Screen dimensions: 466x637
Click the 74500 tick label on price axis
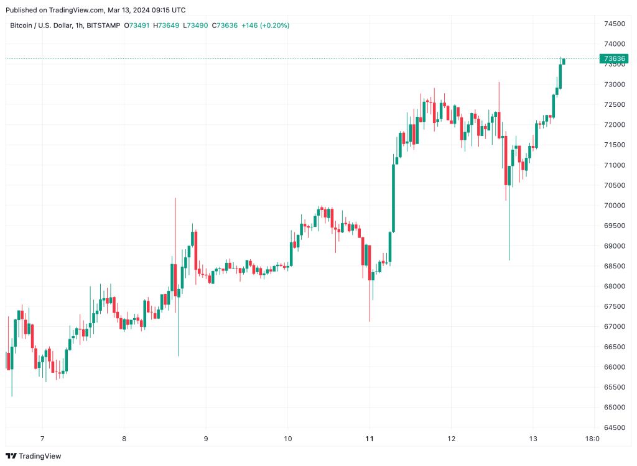tap(614, 24)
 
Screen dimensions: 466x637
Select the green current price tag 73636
tap(614, 58)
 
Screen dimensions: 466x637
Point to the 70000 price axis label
tap(614, 205)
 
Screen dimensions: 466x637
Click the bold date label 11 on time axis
tap(370, 439)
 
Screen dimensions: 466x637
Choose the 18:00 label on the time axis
tap(593, 439)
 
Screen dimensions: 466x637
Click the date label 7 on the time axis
tap(42, 439)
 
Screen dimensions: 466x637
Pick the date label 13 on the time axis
tap(533, 439)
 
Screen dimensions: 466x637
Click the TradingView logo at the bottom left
tap(34, 456)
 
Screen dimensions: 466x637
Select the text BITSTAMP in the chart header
tap(103, 25)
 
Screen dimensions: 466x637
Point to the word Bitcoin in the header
tap(23, 25)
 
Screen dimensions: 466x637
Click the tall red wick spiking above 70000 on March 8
tap(175, 217)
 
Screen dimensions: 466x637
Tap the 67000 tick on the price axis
tap(614, 326)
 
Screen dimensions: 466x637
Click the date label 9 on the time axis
tap(205, 439)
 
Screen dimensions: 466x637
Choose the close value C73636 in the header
tap(225, 25)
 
